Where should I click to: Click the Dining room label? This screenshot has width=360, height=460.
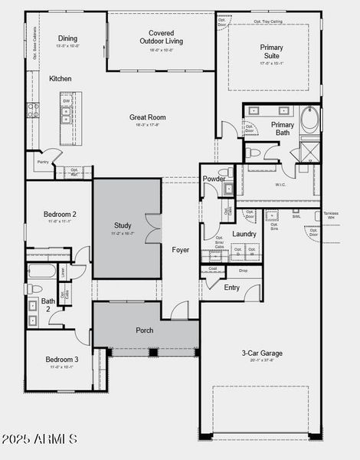(68, 38)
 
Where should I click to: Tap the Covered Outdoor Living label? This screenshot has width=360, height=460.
(160, 37)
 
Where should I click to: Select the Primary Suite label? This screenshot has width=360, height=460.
(271, 51)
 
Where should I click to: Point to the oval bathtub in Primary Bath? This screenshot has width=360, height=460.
(310, 120)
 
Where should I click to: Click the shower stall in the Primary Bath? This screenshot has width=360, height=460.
(310, 150)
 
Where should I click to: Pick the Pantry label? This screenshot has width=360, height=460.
(43, 162)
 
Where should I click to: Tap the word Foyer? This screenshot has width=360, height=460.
(180, 250)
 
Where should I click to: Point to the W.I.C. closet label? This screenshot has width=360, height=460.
(280, 184)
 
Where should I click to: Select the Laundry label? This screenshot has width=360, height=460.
(244, 234)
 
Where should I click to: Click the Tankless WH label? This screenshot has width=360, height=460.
(330, 215)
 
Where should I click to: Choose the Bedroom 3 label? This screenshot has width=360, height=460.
(61, 359)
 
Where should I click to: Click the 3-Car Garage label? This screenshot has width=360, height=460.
(262, 353)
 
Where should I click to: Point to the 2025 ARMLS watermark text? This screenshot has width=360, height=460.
(40, 439)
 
